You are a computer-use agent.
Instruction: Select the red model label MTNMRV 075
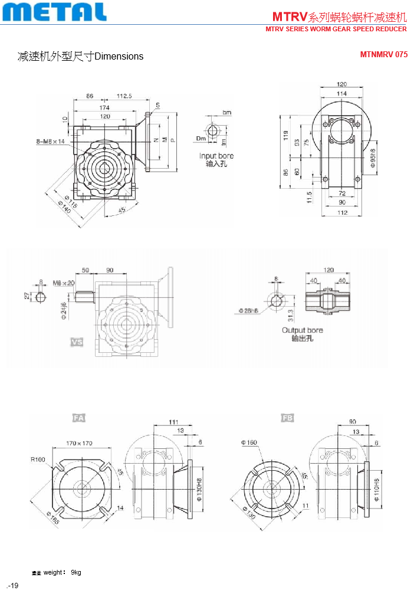[383, 54]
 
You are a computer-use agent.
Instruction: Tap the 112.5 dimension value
[124, 96]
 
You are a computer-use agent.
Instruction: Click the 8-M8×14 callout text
[50, 142]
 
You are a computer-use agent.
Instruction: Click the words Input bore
[216, 156]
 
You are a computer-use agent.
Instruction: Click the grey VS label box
[77, 342]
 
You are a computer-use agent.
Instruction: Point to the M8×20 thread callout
[64, 283]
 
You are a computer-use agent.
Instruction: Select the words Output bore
[302, 330]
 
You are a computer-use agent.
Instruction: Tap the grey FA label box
[78, 418]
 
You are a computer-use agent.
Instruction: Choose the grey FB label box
[287, 418]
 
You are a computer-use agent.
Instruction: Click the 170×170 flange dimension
[79, 442]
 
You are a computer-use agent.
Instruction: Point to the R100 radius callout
[40, 460]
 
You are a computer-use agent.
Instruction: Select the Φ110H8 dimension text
[377, 488]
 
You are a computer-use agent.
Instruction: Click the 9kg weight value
[76, 572]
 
